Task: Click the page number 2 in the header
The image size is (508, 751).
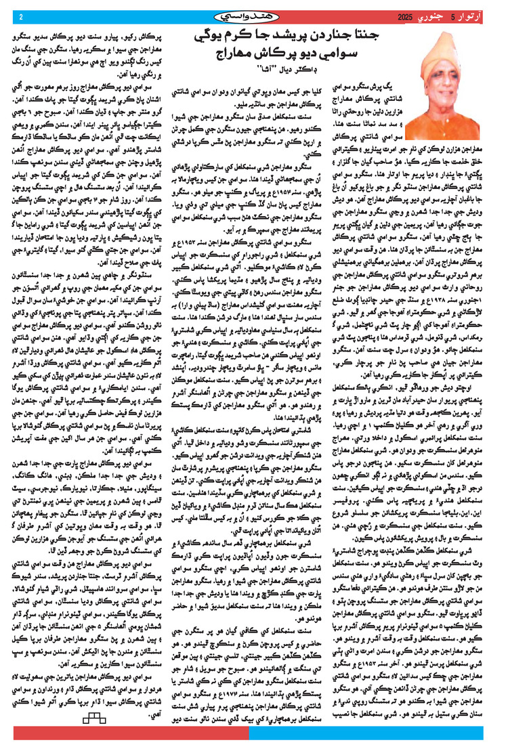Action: pos(21,16)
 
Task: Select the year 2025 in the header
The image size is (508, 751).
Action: pos(405,16)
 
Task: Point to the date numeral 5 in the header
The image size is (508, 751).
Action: pos(453,16)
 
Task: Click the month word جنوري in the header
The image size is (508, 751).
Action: pos(433,16)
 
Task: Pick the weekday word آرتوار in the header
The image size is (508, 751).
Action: pos(473,16)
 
